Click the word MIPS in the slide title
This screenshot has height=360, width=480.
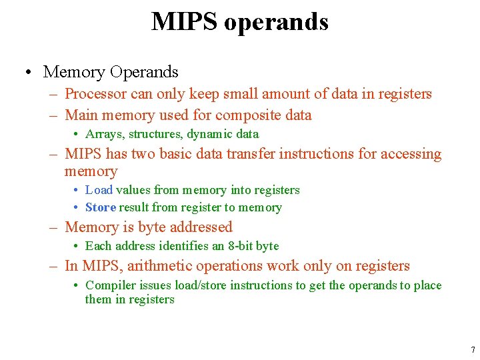[185, 21]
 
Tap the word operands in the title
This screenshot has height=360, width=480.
[276, 23]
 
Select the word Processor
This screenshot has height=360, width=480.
[95, 94]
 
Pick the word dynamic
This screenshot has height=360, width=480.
[209, 134]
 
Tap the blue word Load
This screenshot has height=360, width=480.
[99, 190]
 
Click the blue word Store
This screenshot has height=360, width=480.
[101, 207]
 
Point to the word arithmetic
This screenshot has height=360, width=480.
[159, 266]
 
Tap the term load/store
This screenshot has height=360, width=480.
[202, 285]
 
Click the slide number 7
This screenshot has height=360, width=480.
[473, 349]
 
